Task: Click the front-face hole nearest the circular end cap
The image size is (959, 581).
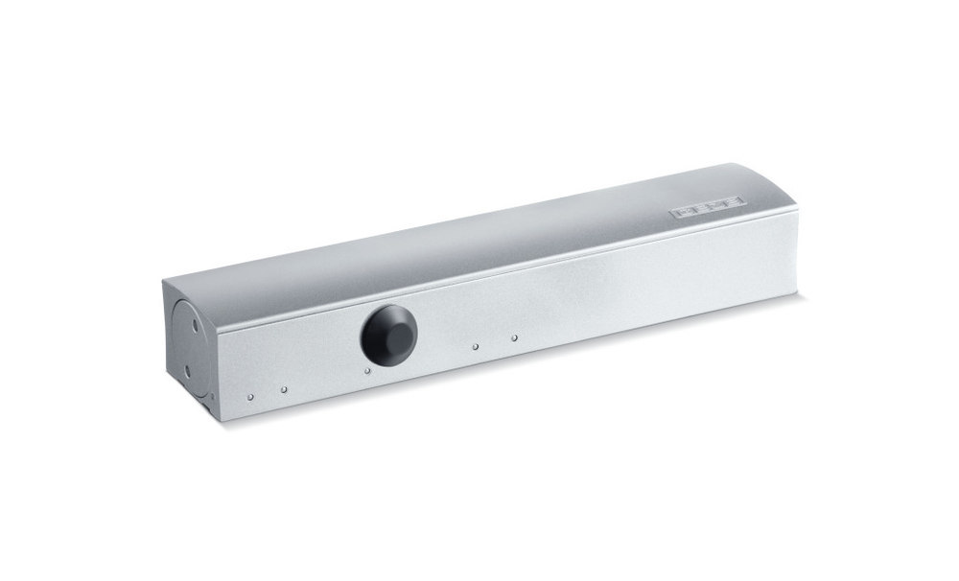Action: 249,396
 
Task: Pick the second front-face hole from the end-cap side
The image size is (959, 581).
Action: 284,388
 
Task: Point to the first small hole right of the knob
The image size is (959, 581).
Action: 475,346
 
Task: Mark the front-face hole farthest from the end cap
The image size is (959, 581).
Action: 515,337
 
